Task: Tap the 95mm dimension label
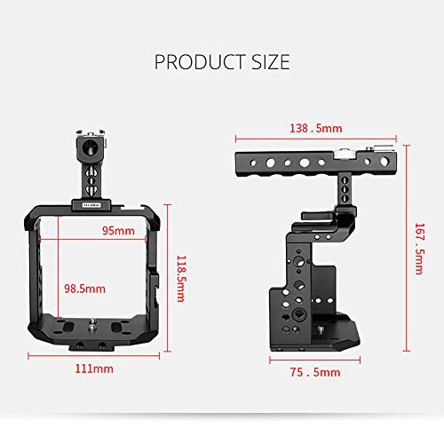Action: pyautogui.click(x=118, y=231)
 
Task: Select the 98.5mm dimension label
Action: pyautogui.click(x=84, y=289)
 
